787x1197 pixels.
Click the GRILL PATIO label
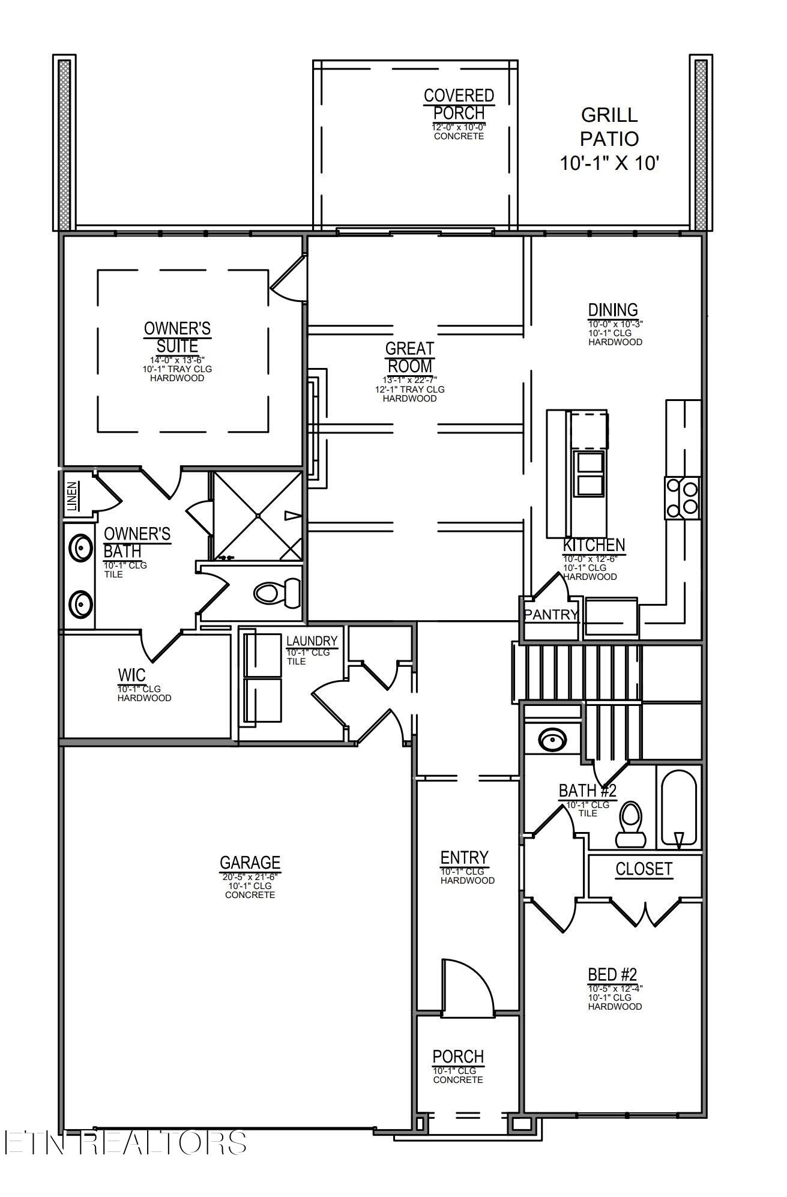(x=609, y=127)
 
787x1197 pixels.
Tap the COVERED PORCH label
(x=459, y=104)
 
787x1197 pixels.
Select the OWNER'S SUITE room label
(x=177, y=337)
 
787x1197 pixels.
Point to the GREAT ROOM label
(x=410, y=357)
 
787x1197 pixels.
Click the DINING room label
(x=613, y=310)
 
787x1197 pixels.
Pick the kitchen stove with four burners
(x=683, y=498)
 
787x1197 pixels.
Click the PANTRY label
(x=551, y=615)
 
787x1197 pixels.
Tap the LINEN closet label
(x=72, y=496)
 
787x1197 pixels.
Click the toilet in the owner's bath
(x=277, y=592)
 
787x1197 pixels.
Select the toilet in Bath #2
(x=630, y=824)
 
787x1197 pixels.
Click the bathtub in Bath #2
(x=679, y=808)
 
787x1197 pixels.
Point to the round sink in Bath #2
(x=550, y=740)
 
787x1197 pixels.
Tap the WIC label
(x=131, y=675)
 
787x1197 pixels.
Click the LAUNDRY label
(x=312, y=641)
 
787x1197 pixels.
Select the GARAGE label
(x=250, y=863)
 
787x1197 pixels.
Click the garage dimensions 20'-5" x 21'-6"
(x=250, y=877)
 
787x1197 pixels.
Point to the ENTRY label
(x=465, y=857)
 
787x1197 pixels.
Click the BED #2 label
(x=612, y=974)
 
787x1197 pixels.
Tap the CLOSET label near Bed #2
(x=644, y=869)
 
